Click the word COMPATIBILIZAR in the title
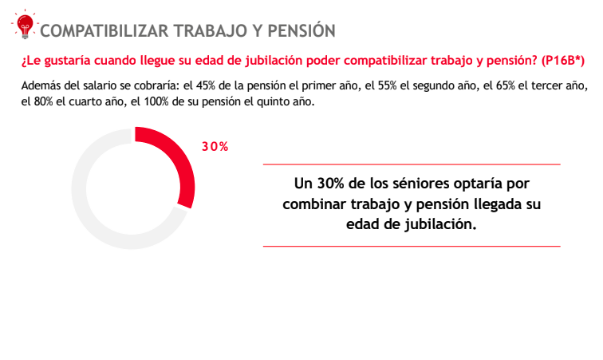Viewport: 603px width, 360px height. click(104, 31)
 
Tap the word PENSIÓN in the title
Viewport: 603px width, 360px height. click(297, 31)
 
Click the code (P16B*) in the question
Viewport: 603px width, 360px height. click(563, 61)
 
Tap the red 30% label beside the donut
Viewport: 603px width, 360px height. click(215, 147)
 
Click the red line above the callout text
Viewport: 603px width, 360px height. click(412, 164)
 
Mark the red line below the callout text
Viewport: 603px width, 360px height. click(412, 247)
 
